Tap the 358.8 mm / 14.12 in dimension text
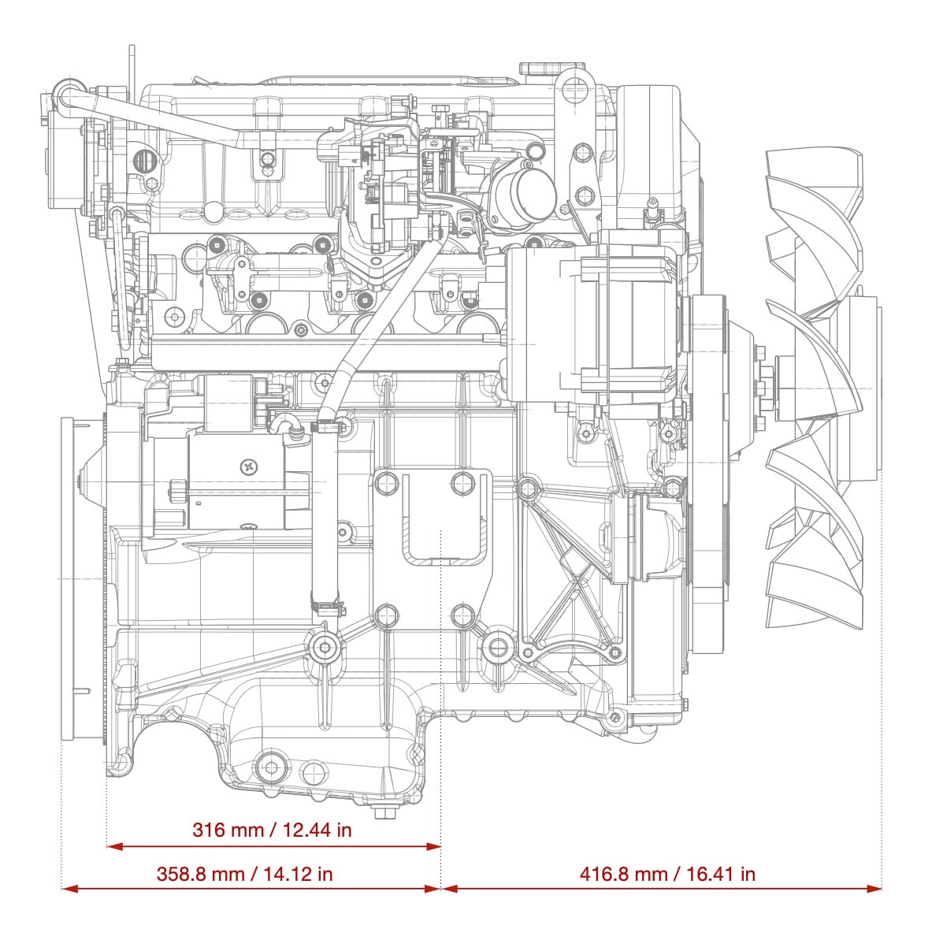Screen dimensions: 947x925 click(245, 875)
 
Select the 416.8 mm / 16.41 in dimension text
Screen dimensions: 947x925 click(667, 875)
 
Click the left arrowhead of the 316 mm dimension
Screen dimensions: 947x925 click(114, 847)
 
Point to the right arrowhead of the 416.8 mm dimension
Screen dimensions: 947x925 click(874, 889)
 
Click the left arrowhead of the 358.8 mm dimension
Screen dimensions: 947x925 click(69, 889)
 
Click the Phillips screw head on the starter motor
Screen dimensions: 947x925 click(249, 467)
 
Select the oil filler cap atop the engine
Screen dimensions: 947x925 click(551, 68)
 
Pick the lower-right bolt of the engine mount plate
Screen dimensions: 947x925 click(462, 615)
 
